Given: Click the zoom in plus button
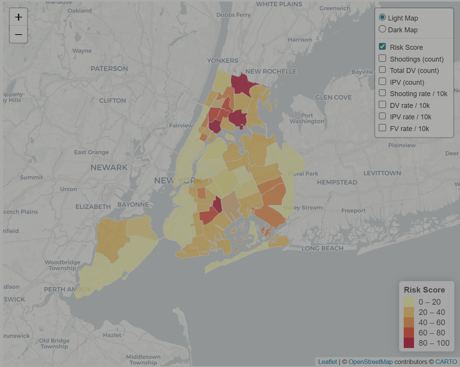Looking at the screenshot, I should coord(18,17).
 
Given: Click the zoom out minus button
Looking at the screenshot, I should coord(18,35).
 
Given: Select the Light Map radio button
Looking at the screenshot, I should coord(382,17).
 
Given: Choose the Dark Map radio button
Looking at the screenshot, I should coord(382,29).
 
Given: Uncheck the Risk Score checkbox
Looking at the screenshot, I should coord(382,47).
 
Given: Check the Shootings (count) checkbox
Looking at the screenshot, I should coord(382,59).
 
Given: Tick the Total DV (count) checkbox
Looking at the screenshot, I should coord(382,70).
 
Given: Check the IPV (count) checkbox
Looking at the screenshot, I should coord(382,82).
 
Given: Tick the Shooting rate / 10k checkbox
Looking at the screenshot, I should coord(382,93).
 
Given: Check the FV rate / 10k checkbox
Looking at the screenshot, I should coord(382,128).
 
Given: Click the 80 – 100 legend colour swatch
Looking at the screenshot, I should coord(409,343).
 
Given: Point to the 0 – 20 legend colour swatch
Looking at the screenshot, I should coord(409,302).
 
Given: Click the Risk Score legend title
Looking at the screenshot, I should coord(424,290).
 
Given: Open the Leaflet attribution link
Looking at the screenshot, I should coord(327,362).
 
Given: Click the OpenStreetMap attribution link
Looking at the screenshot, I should coord(370,362).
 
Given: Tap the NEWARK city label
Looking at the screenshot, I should coord(109,168).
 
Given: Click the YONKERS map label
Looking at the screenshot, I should coord(222,60).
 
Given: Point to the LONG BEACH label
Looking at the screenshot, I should coord(322,248).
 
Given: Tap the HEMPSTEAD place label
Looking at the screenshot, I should coord(337,182).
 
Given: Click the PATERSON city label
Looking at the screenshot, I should coord(109,69).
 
